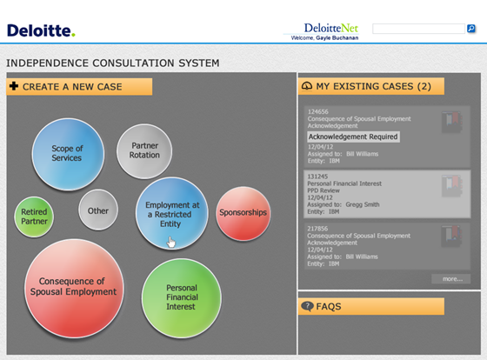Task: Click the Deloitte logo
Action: pos(42,30)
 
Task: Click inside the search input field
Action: pos(418,30)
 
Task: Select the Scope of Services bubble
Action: pos(67,153)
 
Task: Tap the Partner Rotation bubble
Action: pos(144,150)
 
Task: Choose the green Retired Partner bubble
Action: pos(35,217)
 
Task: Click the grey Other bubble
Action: pos(98,210)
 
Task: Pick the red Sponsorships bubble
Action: pos(243,212)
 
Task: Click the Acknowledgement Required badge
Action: pos(353,137)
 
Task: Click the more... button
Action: pos(451,279)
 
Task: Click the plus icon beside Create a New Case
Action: pos(14,87)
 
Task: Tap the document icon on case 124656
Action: pos(450,121)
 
